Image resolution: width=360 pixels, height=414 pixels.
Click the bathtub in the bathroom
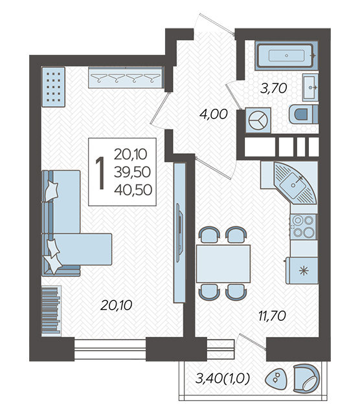[x=287, y=56]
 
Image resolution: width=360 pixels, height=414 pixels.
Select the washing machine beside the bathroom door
[x=258, y=120]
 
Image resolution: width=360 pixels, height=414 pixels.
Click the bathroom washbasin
[x=310, y=87]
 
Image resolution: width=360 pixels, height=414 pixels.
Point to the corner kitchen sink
[x=295, y=183]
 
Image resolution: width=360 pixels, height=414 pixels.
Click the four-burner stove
[x=303, y=226]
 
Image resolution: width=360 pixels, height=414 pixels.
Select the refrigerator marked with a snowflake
[x=302, y=270]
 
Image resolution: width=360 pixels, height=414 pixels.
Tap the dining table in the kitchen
[x=223, y=263]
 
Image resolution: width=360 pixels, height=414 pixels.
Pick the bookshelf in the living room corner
[x=52, y=311]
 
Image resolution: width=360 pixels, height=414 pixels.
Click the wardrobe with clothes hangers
[x=126, y=77]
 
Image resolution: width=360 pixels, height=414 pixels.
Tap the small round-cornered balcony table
[x=276, y=378]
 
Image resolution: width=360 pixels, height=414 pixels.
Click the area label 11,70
[x=272, y=316]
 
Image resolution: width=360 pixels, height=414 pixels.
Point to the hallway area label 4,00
[x=214, y=114]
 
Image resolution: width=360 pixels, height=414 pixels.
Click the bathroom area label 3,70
[x=274, y=88]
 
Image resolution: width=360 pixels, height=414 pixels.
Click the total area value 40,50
[x=133, y=190]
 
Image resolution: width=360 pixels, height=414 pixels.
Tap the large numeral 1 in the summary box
[x=100, y=173]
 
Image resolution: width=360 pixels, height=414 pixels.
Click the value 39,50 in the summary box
[x=133, y=172]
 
